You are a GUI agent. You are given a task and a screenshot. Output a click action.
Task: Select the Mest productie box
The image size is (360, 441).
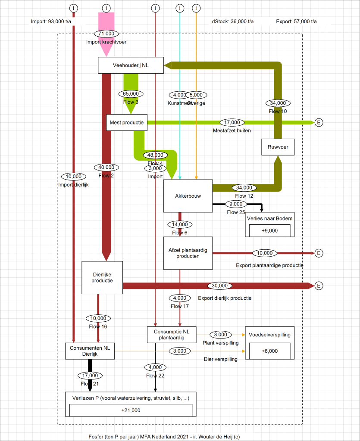pos(127,122)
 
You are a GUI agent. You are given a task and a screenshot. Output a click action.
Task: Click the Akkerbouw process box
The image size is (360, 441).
pos(188,196)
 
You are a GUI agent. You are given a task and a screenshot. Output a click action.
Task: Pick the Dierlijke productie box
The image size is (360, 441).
pos(102,277)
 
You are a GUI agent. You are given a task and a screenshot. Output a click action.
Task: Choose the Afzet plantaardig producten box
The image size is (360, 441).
pos(188,253)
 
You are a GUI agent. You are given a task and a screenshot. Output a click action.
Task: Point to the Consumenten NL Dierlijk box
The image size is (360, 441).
pos(90,351)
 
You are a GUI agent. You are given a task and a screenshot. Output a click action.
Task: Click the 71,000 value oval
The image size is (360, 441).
pos(106,33)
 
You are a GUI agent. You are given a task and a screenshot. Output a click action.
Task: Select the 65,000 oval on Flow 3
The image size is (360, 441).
pos(131,93)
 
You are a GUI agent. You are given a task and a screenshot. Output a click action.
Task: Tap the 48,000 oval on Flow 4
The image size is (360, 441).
pos(155,155)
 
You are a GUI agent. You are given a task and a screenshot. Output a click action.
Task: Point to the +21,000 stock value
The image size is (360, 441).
pos(131,410)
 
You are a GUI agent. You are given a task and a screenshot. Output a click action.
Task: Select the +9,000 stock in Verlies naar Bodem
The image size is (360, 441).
pos(269,230)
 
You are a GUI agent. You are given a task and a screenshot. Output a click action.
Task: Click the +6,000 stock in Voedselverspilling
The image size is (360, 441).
pos(269,351)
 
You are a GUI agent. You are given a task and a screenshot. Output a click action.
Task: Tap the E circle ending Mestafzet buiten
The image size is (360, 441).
pos(319,122)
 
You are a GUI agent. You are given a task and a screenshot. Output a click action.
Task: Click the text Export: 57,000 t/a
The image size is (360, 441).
pos(297,22)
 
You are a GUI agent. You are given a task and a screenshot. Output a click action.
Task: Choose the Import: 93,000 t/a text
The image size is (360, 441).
pos(53,22)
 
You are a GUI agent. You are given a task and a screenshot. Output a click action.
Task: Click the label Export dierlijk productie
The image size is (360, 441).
pos(225,298)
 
